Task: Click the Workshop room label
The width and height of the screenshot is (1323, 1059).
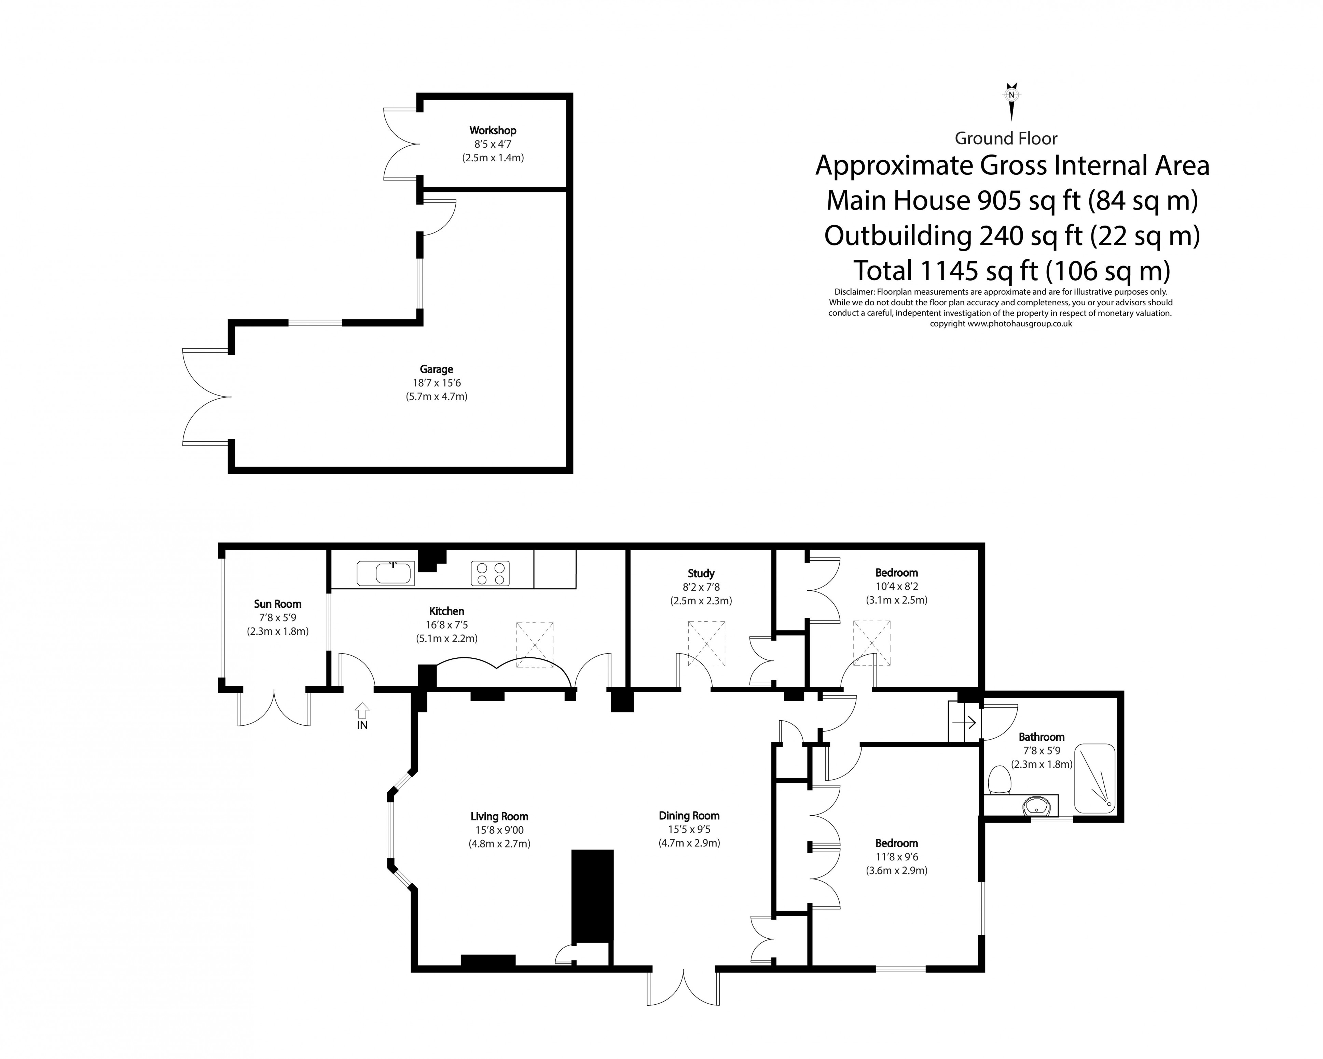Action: click(x=492, y=130)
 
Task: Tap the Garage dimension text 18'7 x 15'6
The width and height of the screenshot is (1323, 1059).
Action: click(x=436, y=383)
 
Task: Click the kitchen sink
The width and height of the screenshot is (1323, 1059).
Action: click(x=385, y=573)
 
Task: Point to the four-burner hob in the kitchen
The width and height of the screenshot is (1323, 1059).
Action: click(x=490, y=573)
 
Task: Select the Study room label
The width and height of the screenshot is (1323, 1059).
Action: click(x=701, y=573)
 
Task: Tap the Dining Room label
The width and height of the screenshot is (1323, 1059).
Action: click(x=689, y=816)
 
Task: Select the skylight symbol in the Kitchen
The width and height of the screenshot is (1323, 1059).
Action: click(x=535, y=645)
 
